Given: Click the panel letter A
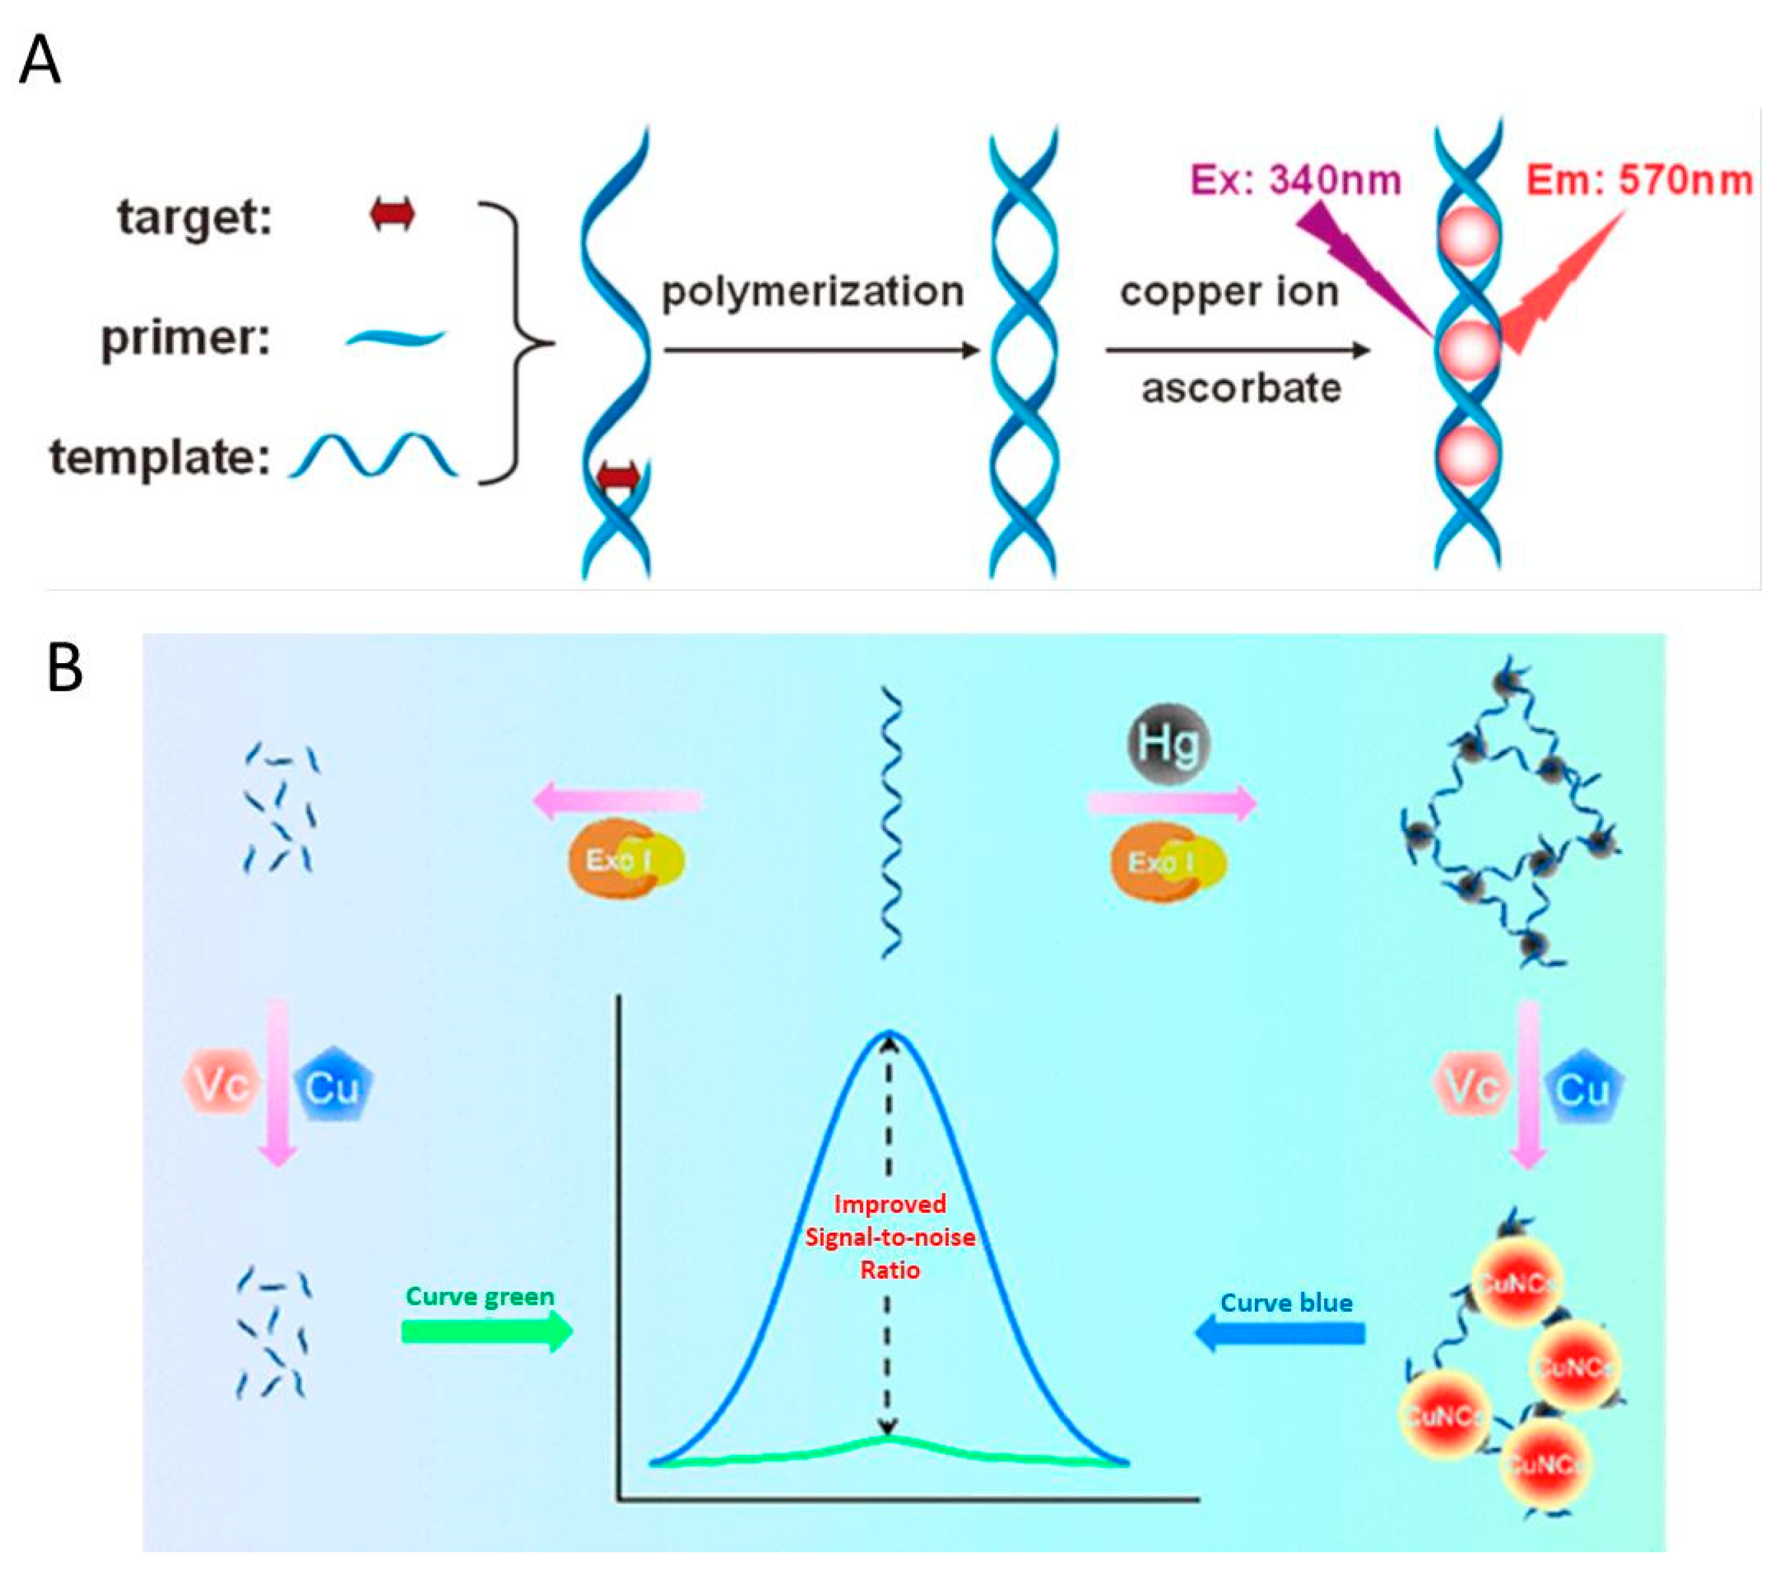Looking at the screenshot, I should pos(40,60).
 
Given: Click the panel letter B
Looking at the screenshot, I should pos(65,668).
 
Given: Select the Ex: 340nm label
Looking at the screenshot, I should pos(1295,180).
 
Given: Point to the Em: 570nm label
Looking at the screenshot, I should pos(1639,180).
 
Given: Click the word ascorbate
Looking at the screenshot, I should pos(1241,388).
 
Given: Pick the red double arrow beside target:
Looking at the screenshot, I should pos(392,214).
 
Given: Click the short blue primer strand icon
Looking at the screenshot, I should pos(395,338).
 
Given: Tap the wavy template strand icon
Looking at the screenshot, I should pos(373,455).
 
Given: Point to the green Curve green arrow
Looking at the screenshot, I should pos(487,1331).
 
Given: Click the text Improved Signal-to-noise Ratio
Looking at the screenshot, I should pos(889,1237).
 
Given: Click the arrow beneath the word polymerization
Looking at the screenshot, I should pos(822,351).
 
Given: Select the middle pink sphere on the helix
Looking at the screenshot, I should pos(1468,349).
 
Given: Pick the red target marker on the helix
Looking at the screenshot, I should pos(619,477).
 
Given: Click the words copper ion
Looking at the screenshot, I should pos(1229,293).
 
